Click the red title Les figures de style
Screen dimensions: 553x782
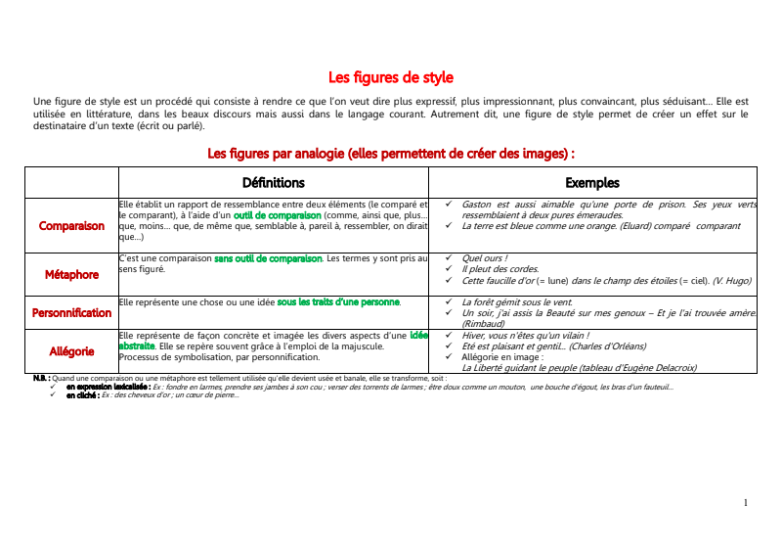(x=391, y=77)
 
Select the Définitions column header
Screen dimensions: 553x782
(x=274, y=182)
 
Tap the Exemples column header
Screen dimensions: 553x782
(x=592, y=182)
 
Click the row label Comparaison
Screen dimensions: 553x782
(x=71, y=225)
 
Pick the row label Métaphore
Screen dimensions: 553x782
(x=71, y=274)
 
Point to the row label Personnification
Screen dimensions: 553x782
(x=71, y=312)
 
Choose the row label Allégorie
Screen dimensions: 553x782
(x=71, y=349)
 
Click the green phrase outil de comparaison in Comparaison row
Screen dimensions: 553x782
(x=277, y=214)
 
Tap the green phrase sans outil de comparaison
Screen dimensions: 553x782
(x=268, y=258)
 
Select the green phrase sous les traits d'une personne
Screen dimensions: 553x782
(x=338, y=301)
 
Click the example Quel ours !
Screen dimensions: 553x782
(x=485, y=258)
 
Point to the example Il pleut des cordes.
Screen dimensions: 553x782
(x=500, y=269)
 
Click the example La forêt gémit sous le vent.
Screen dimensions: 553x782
(x=517, y=301)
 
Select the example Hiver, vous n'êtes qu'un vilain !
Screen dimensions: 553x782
(x=525, y=335)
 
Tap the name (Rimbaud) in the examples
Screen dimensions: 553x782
(x=482, y=323)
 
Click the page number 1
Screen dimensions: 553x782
(x=746, y=502)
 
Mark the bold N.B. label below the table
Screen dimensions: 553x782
(x=41, y=377)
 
